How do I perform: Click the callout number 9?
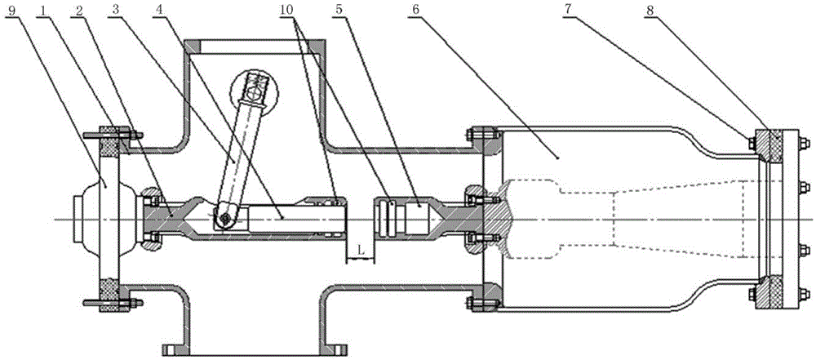(x=12, y=8)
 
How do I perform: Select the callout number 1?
(x=44, y=8)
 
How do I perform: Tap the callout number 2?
(x=79, y=8)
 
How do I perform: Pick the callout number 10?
(x=286, y=8)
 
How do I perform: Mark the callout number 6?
(x=414, y=8)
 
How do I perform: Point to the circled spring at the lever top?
(x=255, y=91)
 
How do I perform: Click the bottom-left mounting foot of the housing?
(x=175, y=348)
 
